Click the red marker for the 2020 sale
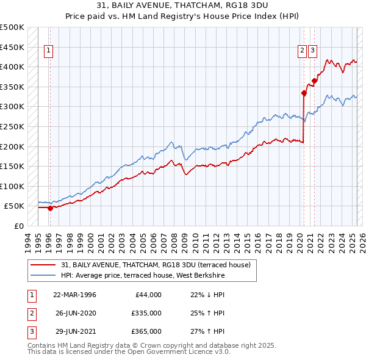304,93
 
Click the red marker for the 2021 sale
314,81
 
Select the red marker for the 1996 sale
50,208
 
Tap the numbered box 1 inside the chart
48,51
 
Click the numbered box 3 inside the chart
312,51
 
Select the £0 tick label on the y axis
18,226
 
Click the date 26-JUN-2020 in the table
74,313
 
